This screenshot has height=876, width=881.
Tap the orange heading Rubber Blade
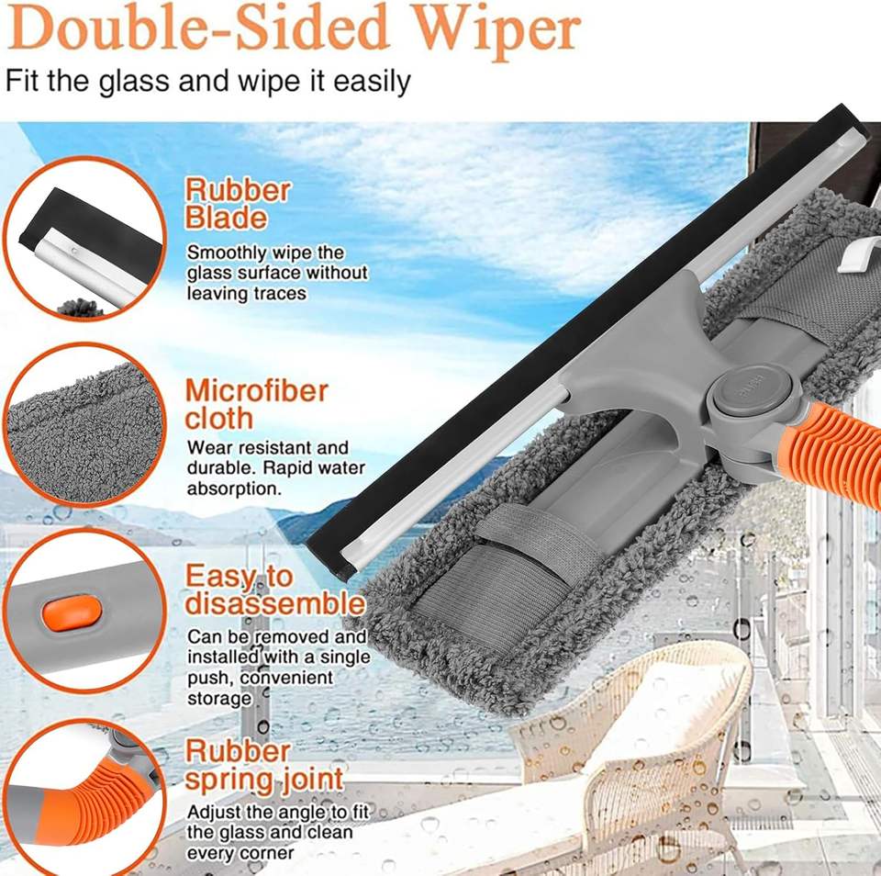238,204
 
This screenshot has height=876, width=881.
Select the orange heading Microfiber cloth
256,404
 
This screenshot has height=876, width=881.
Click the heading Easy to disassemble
274,590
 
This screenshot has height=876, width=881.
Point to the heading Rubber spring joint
264,766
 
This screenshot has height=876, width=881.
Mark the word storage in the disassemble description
219,699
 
